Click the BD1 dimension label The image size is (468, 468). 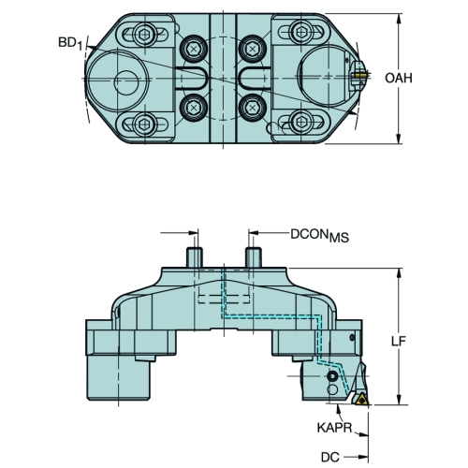[x=70, y=43]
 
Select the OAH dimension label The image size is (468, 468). [x=399, y=78]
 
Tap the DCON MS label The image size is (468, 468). [x=320, y=235]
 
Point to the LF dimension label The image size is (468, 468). [x=399, y=342]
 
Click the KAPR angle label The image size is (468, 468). [x=334, y=428]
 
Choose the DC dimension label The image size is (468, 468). [x=330, y=458]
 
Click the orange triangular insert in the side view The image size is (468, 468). [x=362, y=400]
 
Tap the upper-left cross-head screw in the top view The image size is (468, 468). [x=194, y=49]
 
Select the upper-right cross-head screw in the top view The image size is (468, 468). [x=252, y=49]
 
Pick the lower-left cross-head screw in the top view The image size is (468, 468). [x=194, y=108]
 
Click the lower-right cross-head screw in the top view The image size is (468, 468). [x=252, y=108]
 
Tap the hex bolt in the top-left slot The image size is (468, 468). [x=145, y=32]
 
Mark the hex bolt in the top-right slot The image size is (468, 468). [x=300, y=32]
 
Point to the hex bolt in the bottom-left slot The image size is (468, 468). [x=145, y=124]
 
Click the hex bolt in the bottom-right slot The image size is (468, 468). [x=300, y=122]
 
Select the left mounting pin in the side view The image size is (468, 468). [x=195, y=257]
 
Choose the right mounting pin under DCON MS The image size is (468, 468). [x=254, y=257]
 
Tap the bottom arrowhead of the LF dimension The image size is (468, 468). [x=399, y=400]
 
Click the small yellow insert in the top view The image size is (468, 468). [x=362, y=75]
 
